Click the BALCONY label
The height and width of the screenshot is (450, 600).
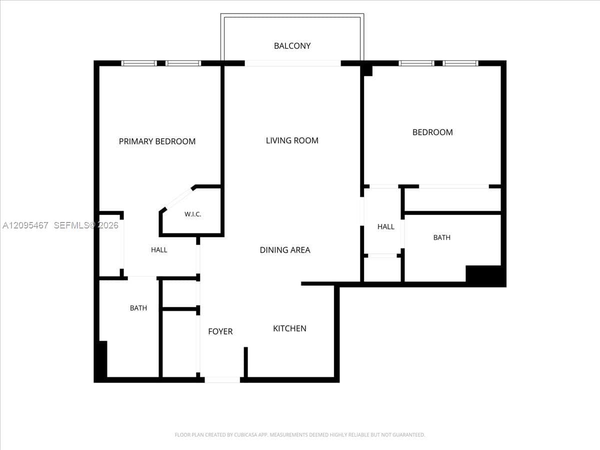pos(292,46)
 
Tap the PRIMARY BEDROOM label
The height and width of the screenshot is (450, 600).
pos(157,141)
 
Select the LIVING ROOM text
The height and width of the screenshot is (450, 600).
pos(292,140)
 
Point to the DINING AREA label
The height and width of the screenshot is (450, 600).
pos(285,250)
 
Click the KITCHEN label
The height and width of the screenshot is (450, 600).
pos(289,328)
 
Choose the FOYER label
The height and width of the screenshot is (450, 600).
pos(220,331)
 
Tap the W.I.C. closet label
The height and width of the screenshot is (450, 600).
pos(192,214)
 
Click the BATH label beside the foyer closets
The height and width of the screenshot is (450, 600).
pos(138,308)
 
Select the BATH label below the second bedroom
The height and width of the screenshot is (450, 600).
pos(441,237)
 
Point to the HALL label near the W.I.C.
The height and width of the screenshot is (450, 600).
pos(159,250)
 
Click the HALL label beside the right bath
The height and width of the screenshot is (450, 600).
pos(385,227)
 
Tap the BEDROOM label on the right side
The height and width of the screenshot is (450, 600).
pos(432,132)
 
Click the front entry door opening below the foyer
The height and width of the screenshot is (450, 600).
pos(222,380)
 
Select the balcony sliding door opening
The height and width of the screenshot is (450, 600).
pos(293,63)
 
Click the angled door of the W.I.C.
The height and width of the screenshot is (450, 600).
pos(176,199)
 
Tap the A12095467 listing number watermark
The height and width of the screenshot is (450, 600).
pos(25,225)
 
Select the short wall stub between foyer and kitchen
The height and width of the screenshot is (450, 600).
pos(245,362)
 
